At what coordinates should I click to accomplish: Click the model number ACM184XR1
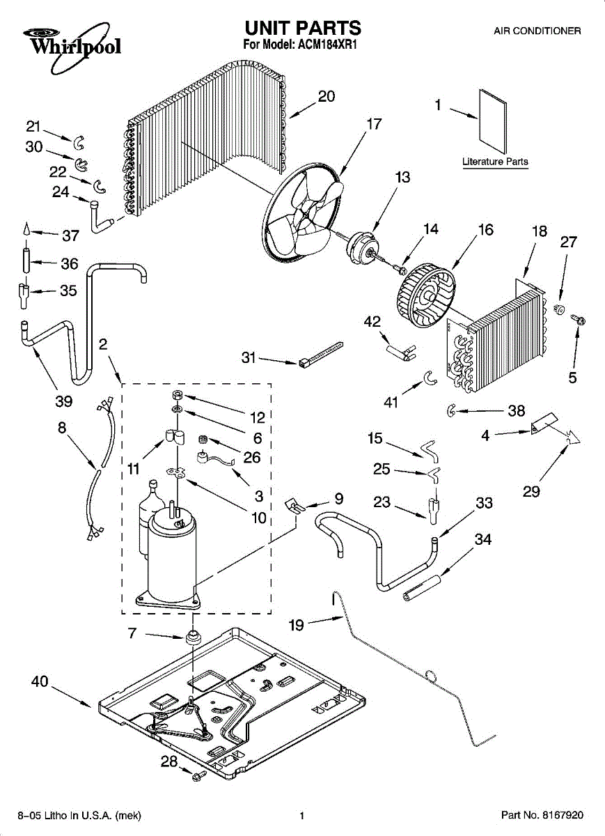click(x=327, y=45)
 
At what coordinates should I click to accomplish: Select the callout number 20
click(x=327, y=96)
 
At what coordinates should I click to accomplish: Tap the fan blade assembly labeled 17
click(x=303, y=211)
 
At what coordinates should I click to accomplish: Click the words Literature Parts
click(x=495, y=162)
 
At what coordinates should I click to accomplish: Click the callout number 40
click(x=40, y=681)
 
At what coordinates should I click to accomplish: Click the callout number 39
click(x=63, y=401)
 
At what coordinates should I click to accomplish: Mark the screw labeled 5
click(x=578, y=320)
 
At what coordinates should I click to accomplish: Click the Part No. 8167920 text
click(x=542, y=814)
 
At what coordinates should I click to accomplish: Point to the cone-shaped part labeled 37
click(x=26, y=229)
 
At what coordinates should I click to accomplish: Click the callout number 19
click(x=297, y=625)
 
